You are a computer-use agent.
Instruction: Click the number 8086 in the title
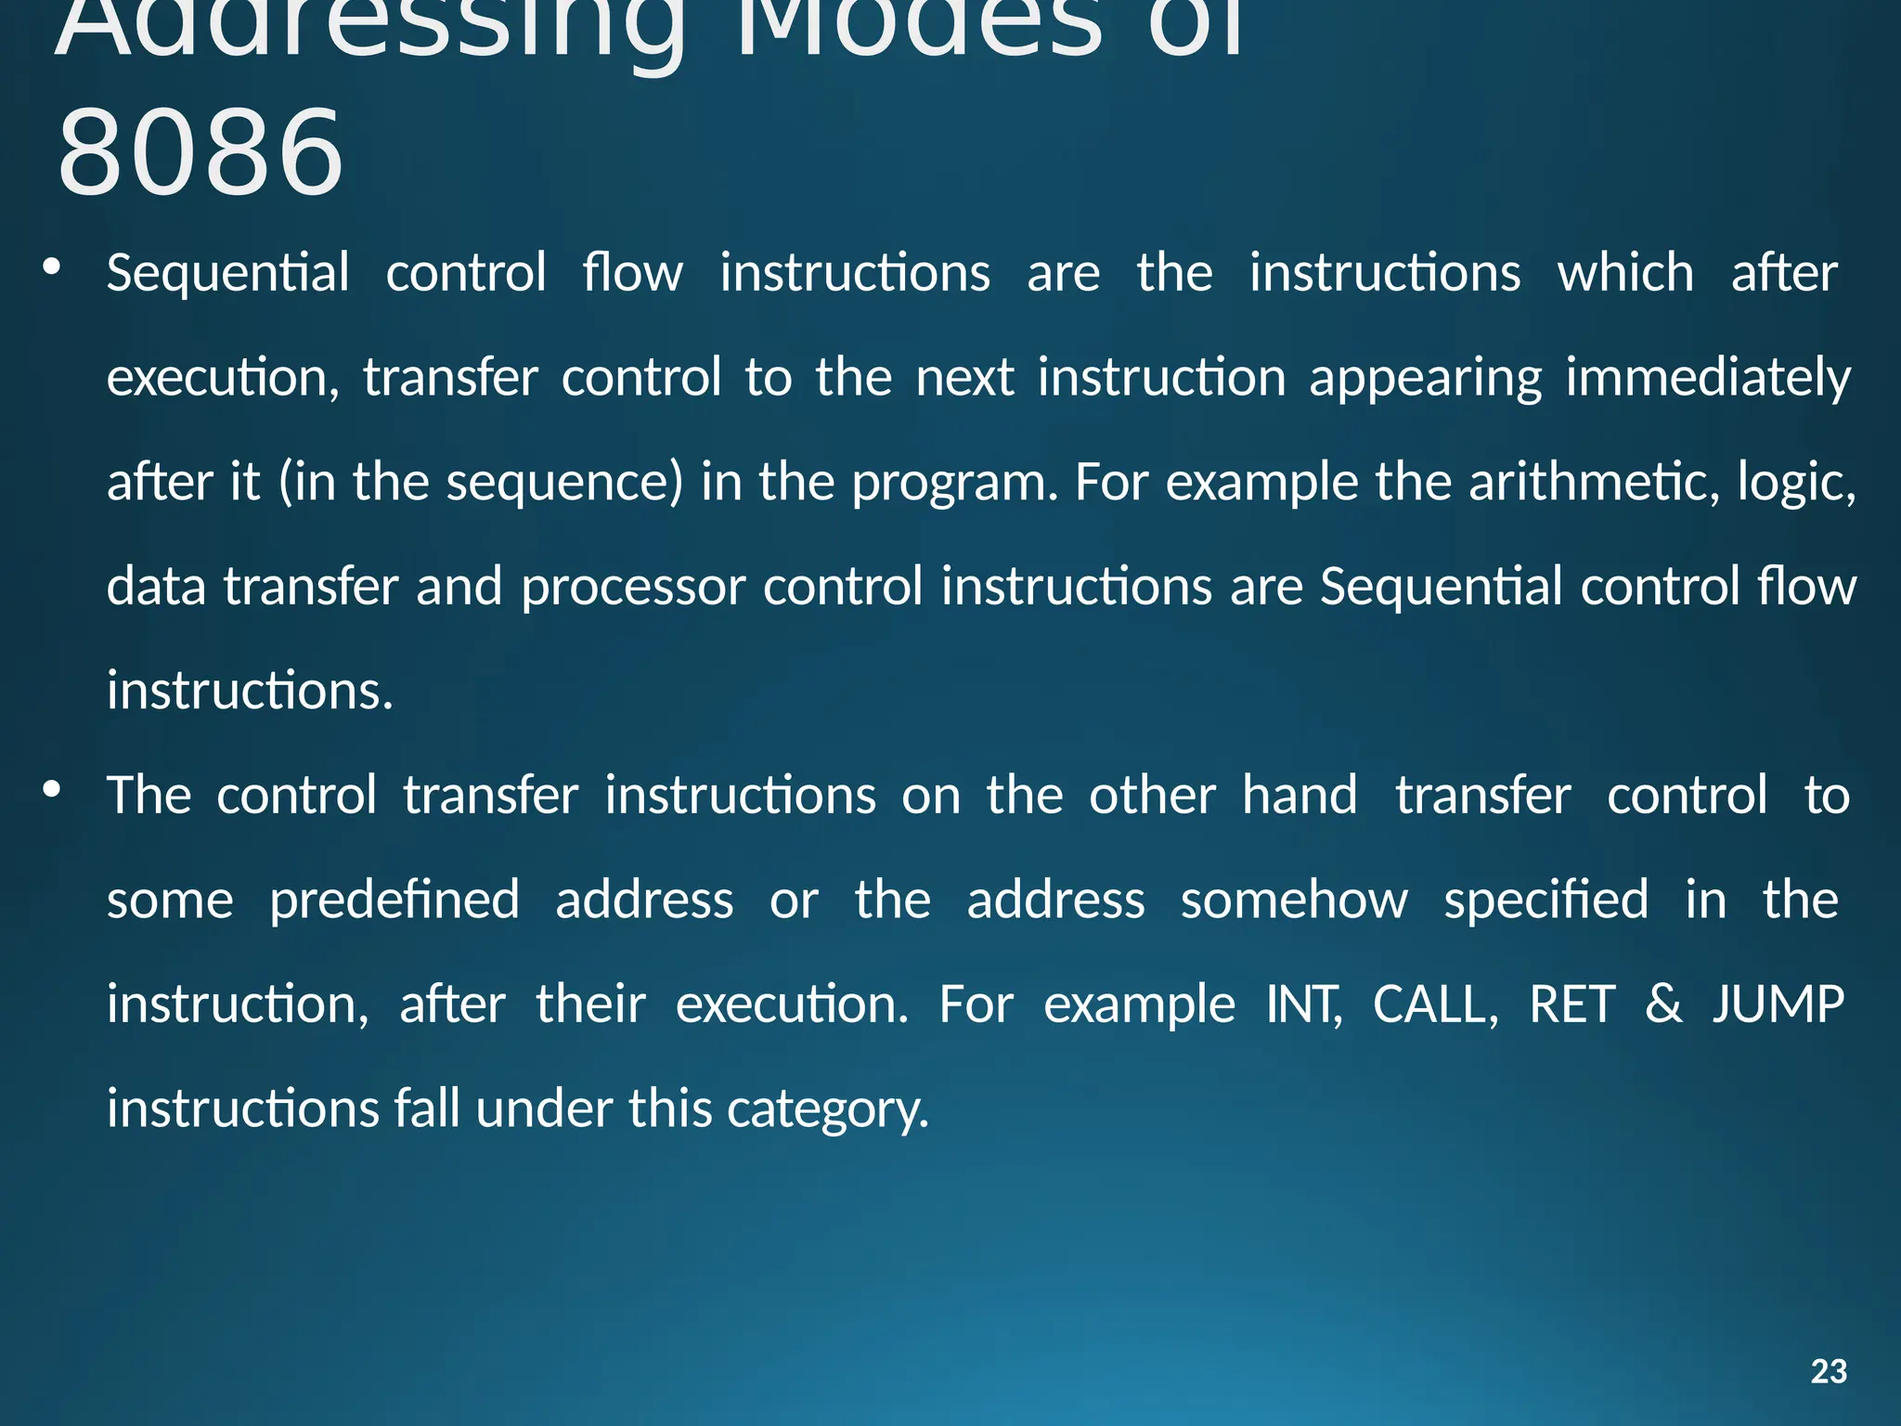click(200, 154)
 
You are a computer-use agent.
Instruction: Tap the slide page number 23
click(1829, 1371)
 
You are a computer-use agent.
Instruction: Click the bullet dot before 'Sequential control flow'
click(52, 268)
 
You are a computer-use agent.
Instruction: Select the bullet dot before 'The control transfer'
click(52, 790)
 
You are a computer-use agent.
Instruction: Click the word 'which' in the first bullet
click(1625, 273)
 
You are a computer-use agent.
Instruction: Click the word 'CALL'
click(1433, 1005)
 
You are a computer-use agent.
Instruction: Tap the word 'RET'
click(1572, 1005)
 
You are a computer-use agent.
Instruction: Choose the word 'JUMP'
click(1778, 1005)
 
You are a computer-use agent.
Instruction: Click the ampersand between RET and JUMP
click(1663, 1005)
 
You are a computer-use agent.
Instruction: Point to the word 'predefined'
click(394, 901)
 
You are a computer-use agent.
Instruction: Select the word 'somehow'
click(1294, 901)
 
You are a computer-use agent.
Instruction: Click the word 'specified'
click(1546, 901)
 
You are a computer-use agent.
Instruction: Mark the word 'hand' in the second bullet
click(1300, 796)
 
